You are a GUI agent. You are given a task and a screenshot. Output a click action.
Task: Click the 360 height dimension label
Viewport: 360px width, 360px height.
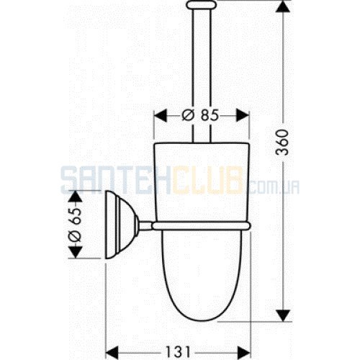[282, 143]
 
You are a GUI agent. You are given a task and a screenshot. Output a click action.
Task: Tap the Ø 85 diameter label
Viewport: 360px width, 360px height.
[200, 115]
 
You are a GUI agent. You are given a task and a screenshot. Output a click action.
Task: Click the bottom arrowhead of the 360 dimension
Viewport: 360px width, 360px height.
[284, 315]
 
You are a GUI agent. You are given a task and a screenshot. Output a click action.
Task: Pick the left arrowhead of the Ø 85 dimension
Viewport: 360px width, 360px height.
[161, 115]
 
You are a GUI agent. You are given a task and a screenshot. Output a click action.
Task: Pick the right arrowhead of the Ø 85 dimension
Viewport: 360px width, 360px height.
[243, 115]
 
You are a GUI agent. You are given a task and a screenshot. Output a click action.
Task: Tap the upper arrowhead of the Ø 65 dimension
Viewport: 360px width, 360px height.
[76, 197]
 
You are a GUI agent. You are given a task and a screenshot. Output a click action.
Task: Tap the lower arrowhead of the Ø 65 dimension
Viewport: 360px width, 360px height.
[76, 252]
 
